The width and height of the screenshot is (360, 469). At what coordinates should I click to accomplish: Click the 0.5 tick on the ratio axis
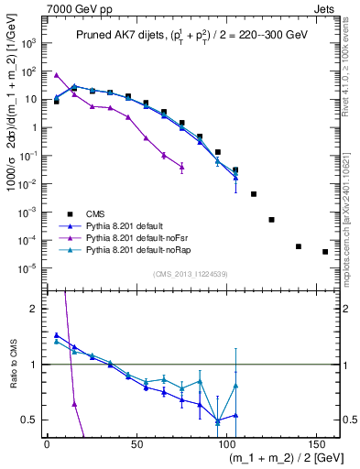pos(30,420)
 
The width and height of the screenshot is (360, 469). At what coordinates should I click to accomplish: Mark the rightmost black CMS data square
pos(325,251)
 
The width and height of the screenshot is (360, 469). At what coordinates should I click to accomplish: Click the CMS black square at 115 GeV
pos(254,194)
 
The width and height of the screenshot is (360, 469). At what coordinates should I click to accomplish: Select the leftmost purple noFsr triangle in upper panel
pos(56,75)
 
